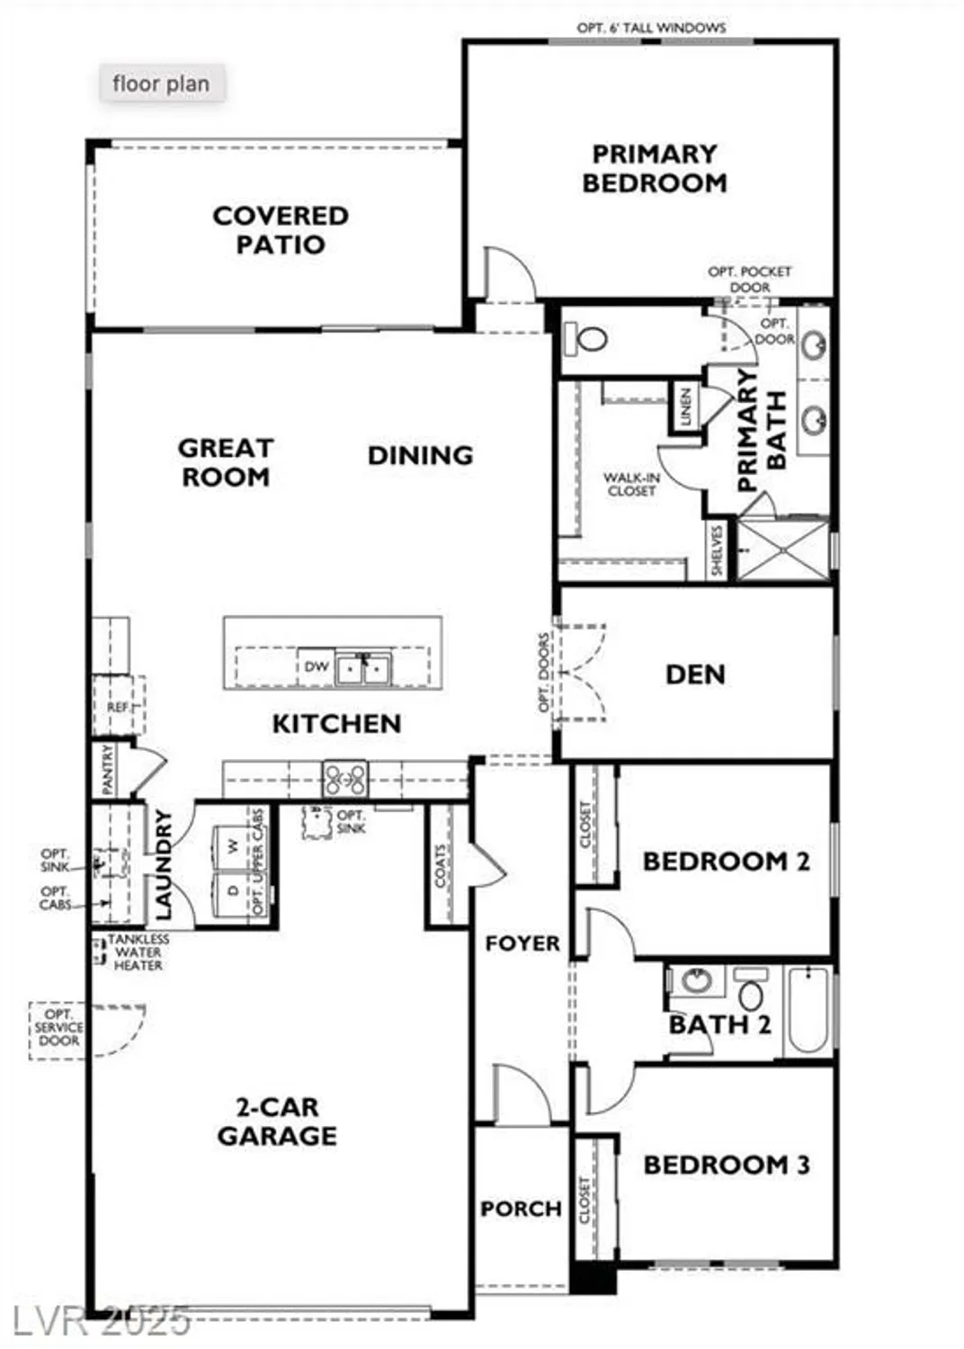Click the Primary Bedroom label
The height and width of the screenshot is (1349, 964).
pos(654,168)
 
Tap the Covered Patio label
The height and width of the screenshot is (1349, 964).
pos(280,230)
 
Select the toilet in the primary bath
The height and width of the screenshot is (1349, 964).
pos(586,339)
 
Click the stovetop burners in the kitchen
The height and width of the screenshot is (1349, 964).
pos(345,778)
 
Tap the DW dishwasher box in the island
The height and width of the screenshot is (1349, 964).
pos(317,667)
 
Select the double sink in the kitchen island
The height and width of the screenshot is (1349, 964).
pos(363,668)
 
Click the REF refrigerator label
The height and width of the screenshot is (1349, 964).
pos(117,707)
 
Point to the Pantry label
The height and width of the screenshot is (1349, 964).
pos(108,769)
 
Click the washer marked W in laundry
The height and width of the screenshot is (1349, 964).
pos(233,847)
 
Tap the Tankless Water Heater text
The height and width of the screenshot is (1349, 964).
pos(138,951)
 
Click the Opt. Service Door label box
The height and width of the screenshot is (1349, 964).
pos(58,1028)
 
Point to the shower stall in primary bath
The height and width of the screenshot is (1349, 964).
pos(782,549)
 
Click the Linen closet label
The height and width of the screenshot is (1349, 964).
pos(685,406)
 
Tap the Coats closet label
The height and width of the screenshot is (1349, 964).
pos(441,865)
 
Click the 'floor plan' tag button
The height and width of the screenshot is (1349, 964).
pos(161,84)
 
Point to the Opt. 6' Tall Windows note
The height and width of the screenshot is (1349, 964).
pos(651,28)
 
